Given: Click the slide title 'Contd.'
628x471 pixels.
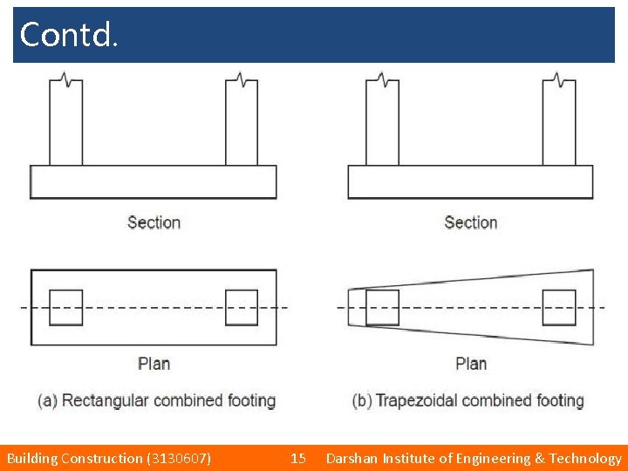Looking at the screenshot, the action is (x=68, y=35).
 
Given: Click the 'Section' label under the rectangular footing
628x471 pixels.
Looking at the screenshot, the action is (x=154, y=222).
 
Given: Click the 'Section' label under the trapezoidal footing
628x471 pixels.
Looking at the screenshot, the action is (x=470, y=222).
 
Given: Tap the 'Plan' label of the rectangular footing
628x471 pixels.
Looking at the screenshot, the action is (x=154, y=363).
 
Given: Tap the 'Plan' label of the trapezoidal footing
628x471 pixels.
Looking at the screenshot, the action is (x=471, y=363).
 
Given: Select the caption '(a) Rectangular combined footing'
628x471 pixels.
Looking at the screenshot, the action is (x=156, y=401).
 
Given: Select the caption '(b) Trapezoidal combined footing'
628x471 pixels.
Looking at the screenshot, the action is (x=468, y=401).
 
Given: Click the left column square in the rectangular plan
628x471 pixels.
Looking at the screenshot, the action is (x=66, y=307).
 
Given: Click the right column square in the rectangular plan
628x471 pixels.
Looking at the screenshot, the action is (x=242, y=307).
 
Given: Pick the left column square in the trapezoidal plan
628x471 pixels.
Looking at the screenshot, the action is (x=382, y=307).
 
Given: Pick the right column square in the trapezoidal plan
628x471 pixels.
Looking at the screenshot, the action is (x=559, y=307).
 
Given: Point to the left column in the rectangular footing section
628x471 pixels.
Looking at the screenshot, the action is (x=66, y=122).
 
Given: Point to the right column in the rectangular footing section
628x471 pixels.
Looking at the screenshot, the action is (x=242, y=122).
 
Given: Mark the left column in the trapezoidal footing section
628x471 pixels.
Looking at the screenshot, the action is (x=382, y=122).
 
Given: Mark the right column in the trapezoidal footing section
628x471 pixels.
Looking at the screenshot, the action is (x=559, y=122).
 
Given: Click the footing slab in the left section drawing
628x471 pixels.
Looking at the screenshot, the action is (x=154, y=181).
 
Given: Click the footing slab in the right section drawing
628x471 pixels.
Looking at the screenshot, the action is (x=470, y=181).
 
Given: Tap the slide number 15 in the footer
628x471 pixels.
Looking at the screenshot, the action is (x=298, y=458).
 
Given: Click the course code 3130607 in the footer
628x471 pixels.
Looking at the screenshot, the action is (x=180, y=458).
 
